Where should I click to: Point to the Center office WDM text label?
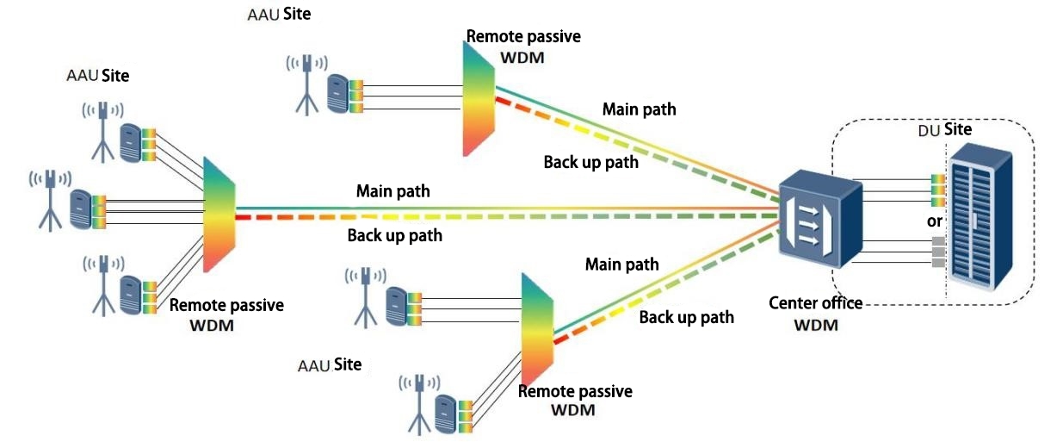click(x=815, y=314)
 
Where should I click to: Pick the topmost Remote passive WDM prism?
click(x=478, y=99)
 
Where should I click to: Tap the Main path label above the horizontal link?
click(x=393, y=190)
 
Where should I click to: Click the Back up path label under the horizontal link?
click(x=394, y=234)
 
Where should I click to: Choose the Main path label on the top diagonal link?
click(x=639, y=109)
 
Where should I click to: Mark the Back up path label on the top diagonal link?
click(x=591, y=161)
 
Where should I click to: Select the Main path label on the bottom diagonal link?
click(x=621, y=265)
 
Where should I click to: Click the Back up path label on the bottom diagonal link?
click(x=686, y=317)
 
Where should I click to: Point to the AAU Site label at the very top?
click(x=277, y=14)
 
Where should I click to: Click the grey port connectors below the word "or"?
click(x=937, y=253)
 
